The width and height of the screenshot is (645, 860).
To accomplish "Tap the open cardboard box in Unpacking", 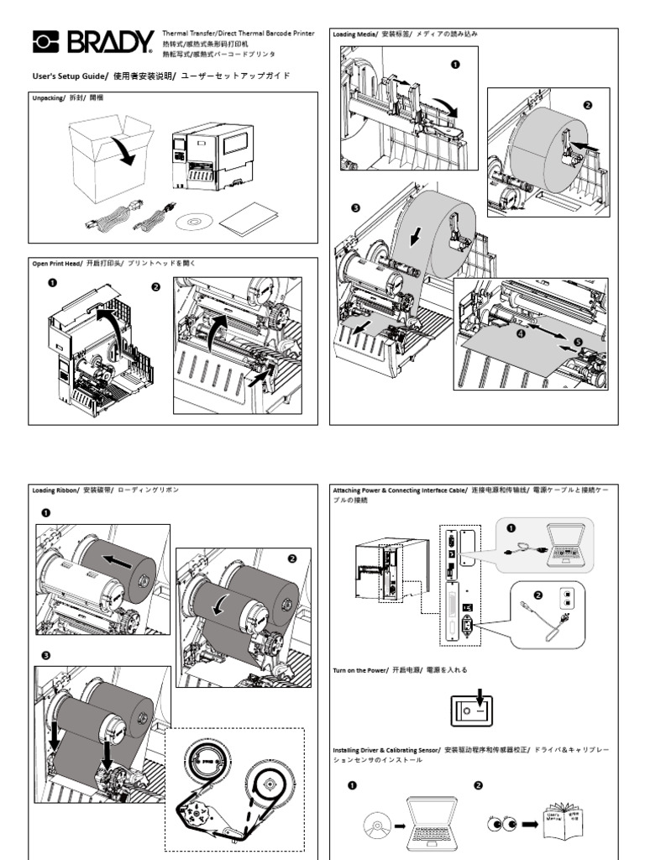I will pyautogui.click(x=111, y=160).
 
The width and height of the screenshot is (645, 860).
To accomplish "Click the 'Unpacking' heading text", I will pyautogui.click(x=48, y=98).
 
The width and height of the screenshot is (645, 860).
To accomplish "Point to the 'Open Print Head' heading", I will pyautogui.click(x=56, y=264).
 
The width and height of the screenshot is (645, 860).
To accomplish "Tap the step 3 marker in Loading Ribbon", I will pyautogui.click(x=45, y=655).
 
